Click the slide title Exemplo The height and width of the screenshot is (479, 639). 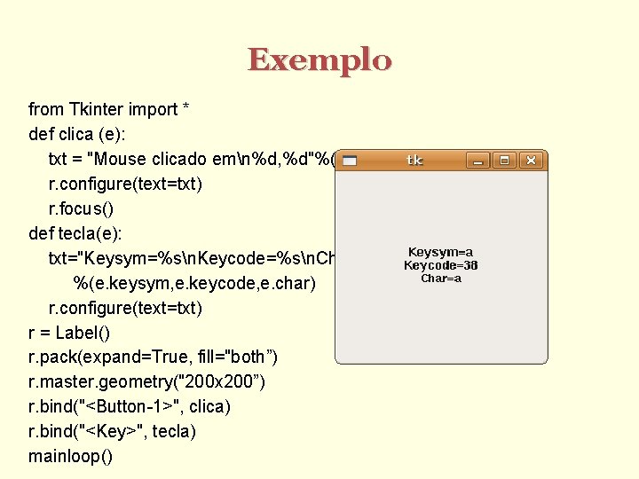point(319,60)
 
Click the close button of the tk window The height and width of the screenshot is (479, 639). point(531,161)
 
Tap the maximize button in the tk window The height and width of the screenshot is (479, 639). point(504,161)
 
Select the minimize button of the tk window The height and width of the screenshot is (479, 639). point(478,161)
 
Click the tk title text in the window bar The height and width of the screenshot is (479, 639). point(414,161)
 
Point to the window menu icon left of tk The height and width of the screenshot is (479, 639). point(350,161)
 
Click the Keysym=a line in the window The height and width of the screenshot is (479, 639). point(440,252)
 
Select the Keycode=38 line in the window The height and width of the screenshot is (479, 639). point(440,265)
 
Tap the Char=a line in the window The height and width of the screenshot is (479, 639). point(441,279)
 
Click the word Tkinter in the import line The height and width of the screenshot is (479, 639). point(98,109)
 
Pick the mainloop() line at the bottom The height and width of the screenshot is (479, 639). point(71,457)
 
